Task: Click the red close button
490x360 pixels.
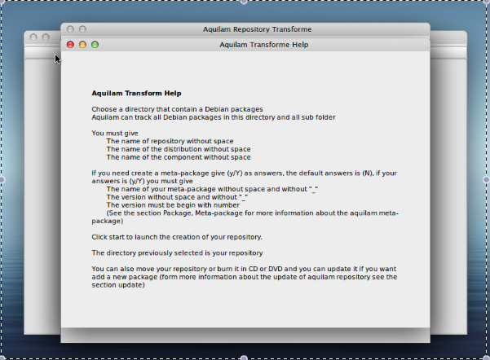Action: click(x=70, y=45)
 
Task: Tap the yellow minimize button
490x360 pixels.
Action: click(x=82, y=45)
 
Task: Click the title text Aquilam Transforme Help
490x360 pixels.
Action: click(x=263, y=45)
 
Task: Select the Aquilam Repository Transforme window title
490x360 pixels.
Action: click(x=257, y=29)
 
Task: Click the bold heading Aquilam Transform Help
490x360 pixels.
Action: click(x=136, y=94)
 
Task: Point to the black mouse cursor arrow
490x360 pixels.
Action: click(x=58, y=59)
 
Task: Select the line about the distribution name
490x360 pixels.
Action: click(x=179, y=149)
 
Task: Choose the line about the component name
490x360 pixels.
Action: click(x=179, y=157)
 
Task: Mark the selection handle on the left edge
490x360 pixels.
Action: click(x=2, y=179)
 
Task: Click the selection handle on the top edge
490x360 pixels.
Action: click(x=244, y=2)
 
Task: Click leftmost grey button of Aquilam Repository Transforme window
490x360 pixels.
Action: click(x=70, y=29)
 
